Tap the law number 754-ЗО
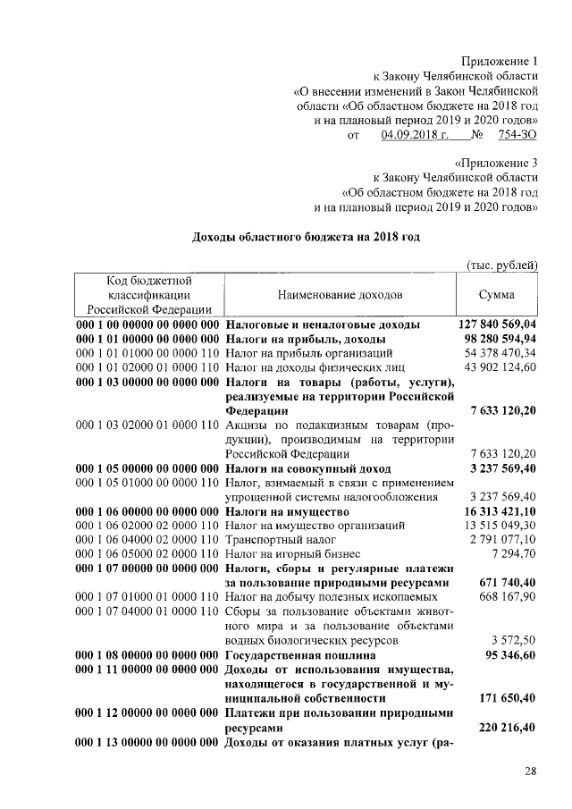click(x=517, y=135)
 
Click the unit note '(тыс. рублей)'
click(x=502, y=265)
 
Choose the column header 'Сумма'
click(x=496, y=294)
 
